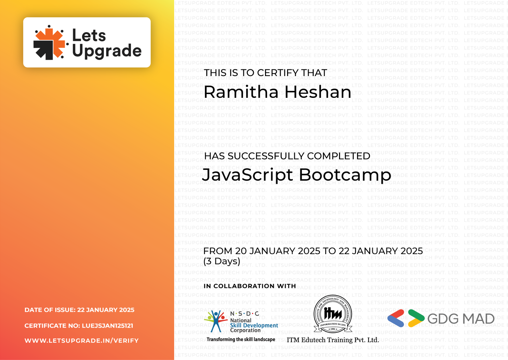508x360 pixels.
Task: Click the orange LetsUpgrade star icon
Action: (50, 42)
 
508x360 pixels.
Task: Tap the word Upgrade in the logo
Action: (107, 51)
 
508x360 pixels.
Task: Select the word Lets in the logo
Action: (89, 35)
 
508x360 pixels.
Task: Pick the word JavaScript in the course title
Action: (247, 175)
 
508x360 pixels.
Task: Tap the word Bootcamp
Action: (345, 175)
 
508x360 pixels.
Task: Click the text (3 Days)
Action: (222, 261)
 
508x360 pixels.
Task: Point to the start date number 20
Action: (241, 251)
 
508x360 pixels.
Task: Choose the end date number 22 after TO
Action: (344, 251)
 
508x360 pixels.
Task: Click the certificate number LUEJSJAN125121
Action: (108, 326)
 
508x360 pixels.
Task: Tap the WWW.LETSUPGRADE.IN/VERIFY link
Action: (81, 341)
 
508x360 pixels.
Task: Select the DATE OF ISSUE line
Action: (79, 310)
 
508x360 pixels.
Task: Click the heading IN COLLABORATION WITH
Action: (250, 286)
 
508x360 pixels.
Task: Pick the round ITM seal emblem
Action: (333, 314)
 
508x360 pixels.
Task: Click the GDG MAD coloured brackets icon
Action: (406, 318)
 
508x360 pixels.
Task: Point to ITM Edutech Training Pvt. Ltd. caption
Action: (333, 340)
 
